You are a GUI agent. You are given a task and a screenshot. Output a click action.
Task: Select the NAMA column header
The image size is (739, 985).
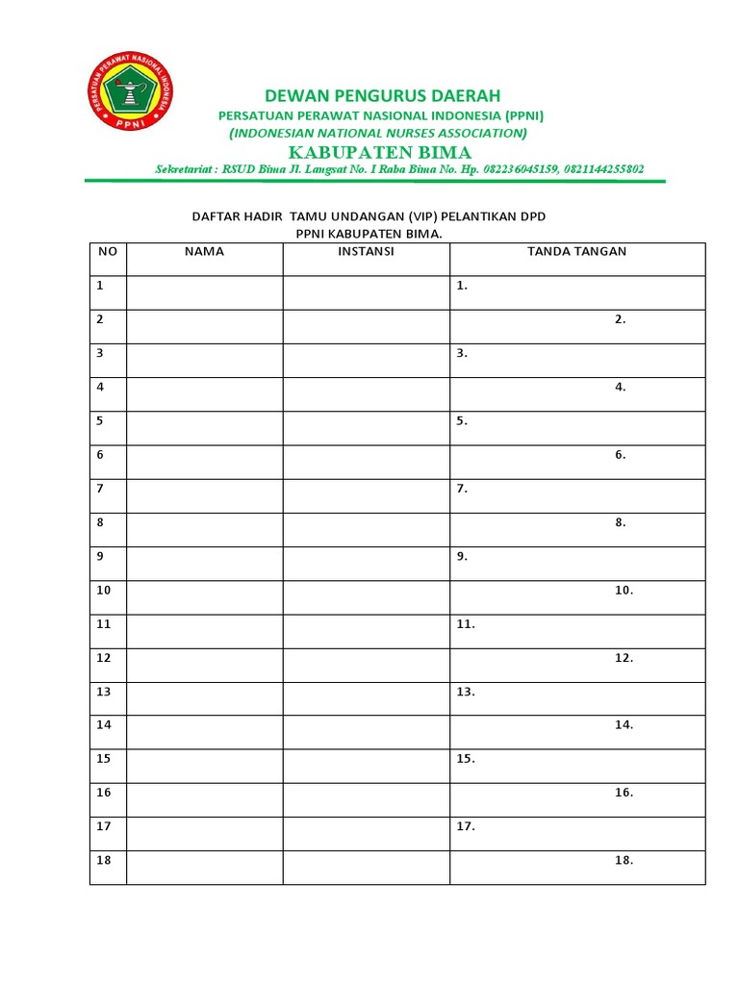pos(204,251)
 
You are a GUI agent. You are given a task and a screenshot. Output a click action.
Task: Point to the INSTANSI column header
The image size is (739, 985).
pos(366,251)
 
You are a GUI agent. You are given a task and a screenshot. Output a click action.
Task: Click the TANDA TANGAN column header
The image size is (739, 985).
pos(576,251)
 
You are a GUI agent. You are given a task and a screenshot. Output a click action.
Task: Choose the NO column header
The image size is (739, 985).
pos(108,251)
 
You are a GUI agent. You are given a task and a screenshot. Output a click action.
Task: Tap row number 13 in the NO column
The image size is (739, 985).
pos(104,692)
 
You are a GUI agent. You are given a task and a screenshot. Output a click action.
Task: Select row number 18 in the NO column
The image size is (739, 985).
pos(104,860)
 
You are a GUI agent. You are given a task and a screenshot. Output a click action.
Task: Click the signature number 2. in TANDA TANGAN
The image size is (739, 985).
pos(621,319)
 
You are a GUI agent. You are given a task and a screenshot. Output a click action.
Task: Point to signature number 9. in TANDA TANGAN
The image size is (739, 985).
pos(463,556)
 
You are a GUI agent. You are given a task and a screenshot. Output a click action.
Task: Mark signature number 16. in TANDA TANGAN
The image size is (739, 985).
pos(624,793)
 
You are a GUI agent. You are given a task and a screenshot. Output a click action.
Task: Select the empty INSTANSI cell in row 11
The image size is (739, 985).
pos(366,631)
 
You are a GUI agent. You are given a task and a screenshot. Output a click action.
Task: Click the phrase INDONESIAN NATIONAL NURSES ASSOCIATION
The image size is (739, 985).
pos(378,133)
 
